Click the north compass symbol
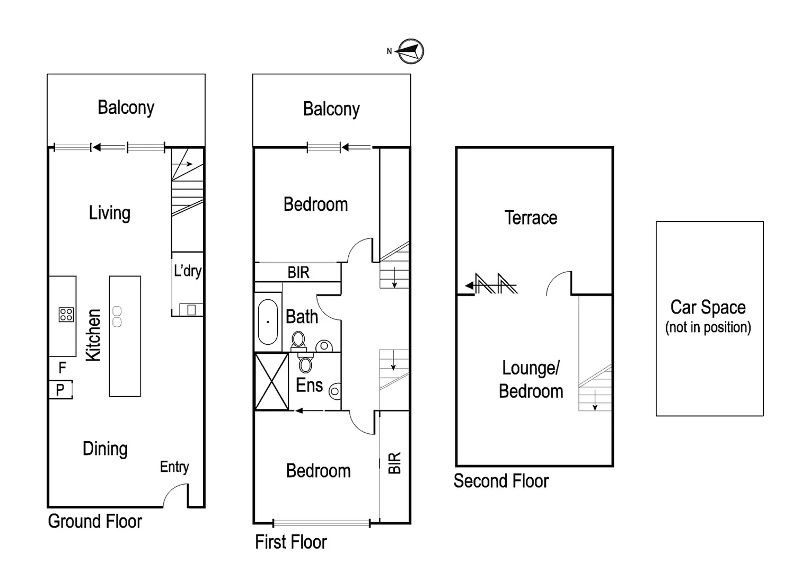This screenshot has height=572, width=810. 411,51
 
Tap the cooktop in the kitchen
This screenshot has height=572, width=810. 66,315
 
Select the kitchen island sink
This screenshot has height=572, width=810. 117,317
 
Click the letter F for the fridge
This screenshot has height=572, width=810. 63,367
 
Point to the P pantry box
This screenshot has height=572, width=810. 60,390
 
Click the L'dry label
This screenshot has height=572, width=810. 188,271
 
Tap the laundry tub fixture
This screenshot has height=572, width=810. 191,309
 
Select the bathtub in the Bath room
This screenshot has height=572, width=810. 268,322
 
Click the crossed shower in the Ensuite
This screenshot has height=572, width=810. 271,381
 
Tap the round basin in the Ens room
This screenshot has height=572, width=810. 334,391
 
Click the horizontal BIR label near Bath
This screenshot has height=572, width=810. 298,273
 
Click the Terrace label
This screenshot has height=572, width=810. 531,218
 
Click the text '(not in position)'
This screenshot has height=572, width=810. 708,327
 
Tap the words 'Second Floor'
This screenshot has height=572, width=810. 501,481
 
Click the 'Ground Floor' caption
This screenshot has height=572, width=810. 95,521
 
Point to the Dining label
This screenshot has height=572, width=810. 105,449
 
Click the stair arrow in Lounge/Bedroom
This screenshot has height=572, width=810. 595,400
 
